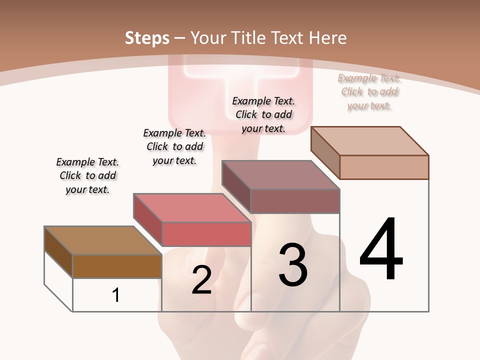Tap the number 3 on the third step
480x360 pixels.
coord(292,264)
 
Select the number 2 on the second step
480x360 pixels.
coord(201,280)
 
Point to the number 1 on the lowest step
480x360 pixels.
coord(116,295)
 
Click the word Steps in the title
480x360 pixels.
coord(147,38)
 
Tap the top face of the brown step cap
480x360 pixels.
coord(103,240)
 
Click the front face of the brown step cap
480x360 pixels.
coord(117,266)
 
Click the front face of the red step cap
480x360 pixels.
coord(206,234)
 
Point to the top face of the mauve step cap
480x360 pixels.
coord(280,175)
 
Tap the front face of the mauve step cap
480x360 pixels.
coord(295,201)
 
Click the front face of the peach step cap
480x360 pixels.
coord(384,167)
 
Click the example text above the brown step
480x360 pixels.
coord(87,175)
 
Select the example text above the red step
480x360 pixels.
coord(174,146)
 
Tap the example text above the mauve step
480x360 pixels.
coord(263,114)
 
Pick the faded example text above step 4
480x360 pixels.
coord(369,91)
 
